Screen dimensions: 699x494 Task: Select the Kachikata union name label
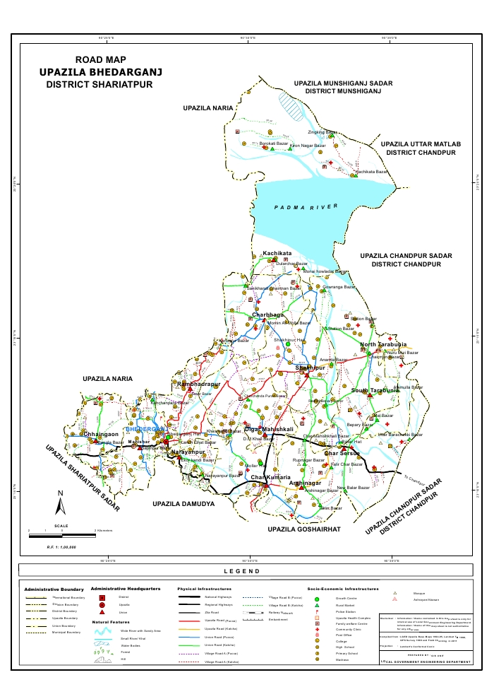[x=277, y=252]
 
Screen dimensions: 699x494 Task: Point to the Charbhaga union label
[x=272, y=315]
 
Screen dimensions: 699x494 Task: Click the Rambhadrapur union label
[x=200, y=384]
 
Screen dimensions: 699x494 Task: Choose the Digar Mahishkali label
[x=267, y=429]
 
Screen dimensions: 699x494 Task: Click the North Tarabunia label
[x=380, y=345]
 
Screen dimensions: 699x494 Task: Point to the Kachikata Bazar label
[x=371, y=172]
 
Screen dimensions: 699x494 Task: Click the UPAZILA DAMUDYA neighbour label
[x=183, y=505]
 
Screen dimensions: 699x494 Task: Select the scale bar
[x=62, y=535]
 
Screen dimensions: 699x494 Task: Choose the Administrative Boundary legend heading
[x=54, y=589]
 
